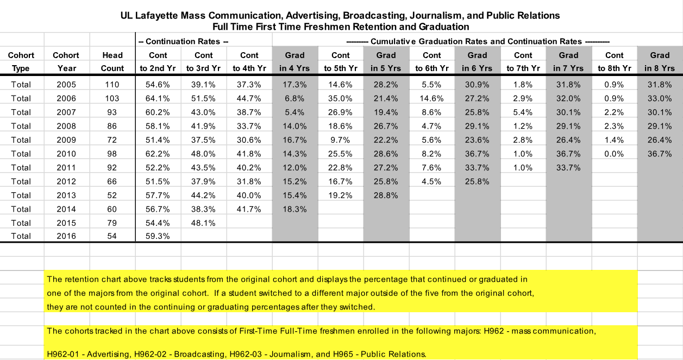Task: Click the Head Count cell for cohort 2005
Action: [112, 85]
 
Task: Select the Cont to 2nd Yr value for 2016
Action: [158, 236]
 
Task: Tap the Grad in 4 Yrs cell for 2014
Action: [295, 209]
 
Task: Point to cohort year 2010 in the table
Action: [66, 154]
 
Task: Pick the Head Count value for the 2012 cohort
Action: [112, 181]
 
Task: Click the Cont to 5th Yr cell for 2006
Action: [341, 98]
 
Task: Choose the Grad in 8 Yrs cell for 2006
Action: [660, 98]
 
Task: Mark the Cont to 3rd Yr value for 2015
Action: [204, 223]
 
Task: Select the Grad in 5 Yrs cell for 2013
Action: [386, 195]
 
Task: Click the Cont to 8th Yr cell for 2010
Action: [615, 154]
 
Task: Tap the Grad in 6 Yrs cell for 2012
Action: [478, 181]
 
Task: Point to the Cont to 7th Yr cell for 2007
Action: [523, 112]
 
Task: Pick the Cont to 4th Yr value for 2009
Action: [249, 140]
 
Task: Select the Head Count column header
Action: [112, 61]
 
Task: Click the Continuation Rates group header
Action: [183, 41]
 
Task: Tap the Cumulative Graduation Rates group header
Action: [478, 41]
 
